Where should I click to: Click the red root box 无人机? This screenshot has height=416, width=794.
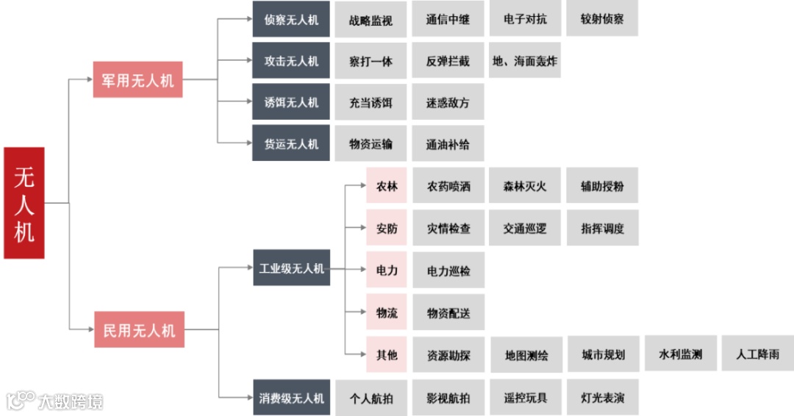24,203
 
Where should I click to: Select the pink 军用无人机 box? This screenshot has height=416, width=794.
137,79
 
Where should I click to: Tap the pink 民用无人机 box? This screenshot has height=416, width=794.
139,329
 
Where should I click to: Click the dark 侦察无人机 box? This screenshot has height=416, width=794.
291,19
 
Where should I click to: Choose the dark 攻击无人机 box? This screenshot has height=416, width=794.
291,61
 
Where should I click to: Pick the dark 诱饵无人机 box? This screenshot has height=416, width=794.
291,102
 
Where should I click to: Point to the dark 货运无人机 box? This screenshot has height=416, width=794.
291,144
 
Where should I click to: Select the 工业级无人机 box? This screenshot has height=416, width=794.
291,268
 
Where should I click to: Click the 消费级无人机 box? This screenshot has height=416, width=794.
291,398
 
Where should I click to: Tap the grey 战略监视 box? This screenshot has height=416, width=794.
371,19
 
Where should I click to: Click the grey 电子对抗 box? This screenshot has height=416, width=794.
525,19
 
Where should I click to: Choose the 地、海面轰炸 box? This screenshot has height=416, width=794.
525,61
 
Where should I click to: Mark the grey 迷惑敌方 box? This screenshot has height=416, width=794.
448,103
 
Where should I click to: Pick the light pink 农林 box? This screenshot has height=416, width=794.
387,186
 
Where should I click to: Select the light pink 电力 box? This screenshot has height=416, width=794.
387,270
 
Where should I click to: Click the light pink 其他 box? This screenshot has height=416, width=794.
387,354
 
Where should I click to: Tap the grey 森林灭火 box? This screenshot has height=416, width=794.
525,186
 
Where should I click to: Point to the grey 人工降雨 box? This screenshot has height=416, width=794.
757,354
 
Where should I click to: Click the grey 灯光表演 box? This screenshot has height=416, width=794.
602,398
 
